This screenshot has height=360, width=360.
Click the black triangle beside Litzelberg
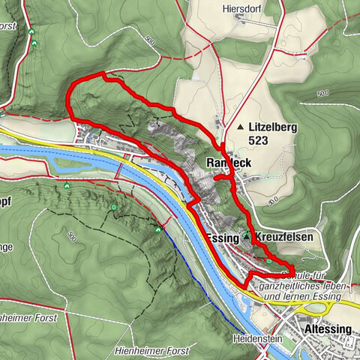(240, 127)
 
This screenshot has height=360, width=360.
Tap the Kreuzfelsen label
(283, 237)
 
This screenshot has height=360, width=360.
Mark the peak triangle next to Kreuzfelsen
(246, 237)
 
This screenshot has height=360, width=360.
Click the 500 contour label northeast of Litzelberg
(323, 93)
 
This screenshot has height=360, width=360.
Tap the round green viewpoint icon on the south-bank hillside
(113, 208)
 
